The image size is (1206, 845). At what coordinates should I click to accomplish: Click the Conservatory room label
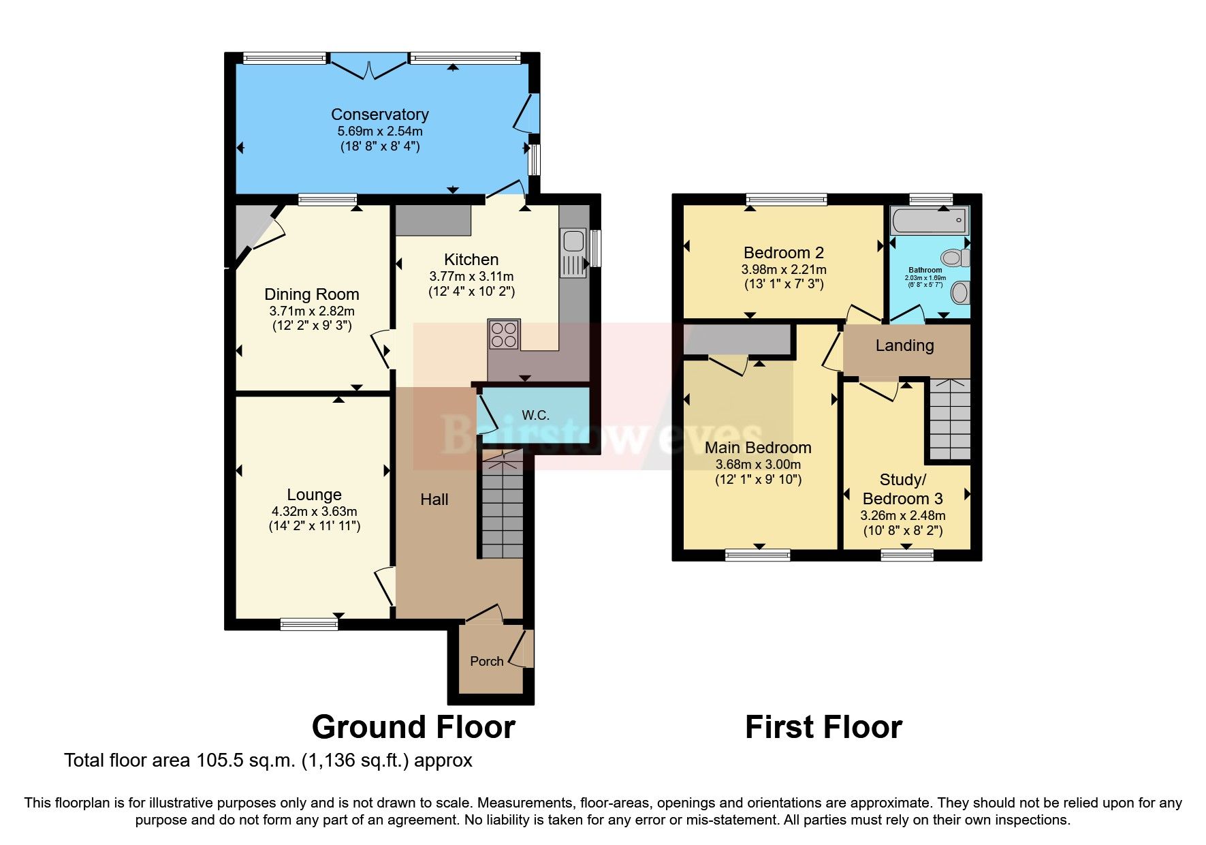[x=379, y=114]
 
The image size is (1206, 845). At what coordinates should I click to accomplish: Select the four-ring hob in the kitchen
[x=504, y=334]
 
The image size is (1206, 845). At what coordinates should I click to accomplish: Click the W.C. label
[x=535, y=415]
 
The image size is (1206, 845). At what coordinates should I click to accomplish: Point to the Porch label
[x=486, y=661]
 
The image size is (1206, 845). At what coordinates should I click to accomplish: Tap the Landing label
[x=904, y=345]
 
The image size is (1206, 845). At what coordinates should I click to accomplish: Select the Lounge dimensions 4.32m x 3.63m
[x=314, y=511]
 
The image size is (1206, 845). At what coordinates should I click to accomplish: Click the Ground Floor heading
[x=413, y=727]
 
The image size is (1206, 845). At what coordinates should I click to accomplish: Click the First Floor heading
[x=823, y=727]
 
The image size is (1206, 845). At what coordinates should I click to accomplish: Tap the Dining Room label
[x=311, y=294]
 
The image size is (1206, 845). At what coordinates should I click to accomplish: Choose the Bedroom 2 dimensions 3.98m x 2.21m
[x=784, y=270]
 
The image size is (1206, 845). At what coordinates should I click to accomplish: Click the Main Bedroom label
[x=758, y=448]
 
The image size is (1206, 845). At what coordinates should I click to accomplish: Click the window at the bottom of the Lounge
[x=308, y=623]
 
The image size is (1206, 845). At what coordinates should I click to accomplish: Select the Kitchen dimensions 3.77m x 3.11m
[x=471, y=276]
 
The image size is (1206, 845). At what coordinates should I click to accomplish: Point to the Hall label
[x=434, y=500]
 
